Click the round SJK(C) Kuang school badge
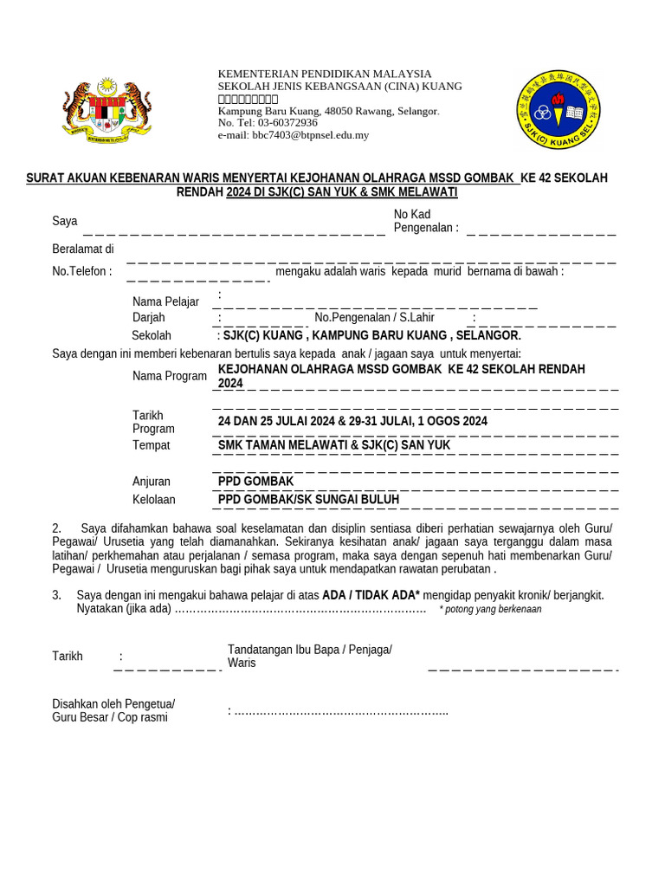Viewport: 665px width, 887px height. (x=558, y=110)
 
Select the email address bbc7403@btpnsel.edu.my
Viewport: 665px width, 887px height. (x=294, y=135)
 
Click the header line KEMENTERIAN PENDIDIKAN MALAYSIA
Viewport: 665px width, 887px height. (x=324, y=74)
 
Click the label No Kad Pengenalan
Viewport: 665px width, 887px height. (x=426, y=221)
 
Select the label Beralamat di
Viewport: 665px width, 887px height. (x=83, y=249)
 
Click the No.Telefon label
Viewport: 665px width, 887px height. (x=82, y=271)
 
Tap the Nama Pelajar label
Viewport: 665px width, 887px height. (x=165, y=301)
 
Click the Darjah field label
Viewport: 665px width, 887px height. (x=148, y=318)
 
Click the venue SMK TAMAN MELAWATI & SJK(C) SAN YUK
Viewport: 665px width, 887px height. (x=334, y=445)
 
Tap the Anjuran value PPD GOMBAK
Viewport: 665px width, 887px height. (x=255, y=482)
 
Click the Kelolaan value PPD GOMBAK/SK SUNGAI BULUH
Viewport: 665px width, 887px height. (x=308, y=500)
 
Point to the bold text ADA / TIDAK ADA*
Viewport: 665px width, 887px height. (x=371, y=595)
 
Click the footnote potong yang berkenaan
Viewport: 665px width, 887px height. (x=490, y=610)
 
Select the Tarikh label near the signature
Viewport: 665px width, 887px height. (x=68, y=657)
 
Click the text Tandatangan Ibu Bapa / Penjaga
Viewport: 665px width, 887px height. (x=309, y=651)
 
